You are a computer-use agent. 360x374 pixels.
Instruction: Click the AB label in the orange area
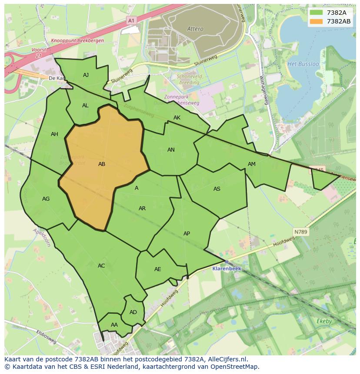tap(102, 164)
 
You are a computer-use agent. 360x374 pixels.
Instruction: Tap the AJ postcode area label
tap(86, 75)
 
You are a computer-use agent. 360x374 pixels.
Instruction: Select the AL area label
tap(85, 106)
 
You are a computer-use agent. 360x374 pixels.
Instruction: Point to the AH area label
tap(54, 134)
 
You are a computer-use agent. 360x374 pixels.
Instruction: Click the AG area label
tap(46, 199)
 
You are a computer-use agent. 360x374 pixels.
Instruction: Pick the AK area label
tap(177, 118)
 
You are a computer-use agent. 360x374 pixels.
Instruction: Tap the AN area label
tap(171, 150)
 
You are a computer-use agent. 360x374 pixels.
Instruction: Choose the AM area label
tap(252, 164)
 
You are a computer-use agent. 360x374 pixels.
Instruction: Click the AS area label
tap(217, 189)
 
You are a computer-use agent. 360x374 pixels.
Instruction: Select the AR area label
tap(142, 209)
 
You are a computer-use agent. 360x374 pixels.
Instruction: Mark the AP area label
tap(187, 234)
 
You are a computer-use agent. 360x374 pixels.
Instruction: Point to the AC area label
tap(101, 266)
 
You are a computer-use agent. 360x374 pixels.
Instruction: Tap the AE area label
tap(157, 269)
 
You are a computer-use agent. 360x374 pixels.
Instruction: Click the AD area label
tap(133, 312)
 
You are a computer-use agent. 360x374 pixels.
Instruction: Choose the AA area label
tap(114, 325)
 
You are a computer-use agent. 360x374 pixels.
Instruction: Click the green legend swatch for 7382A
tap(317, 13)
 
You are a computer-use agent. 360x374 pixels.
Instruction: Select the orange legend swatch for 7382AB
tap(317, 21)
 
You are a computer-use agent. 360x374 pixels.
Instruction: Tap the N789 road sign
tap(300, 232)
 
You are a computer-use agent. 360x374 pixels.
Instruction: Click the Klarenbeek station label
tap(227, 269)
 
